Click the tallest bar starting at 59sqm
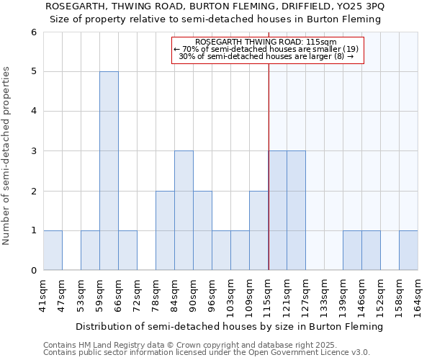tap(109, 171)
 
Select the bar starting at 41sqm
tap(53, 251)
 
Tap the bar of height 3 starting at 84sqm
tap(184, 210)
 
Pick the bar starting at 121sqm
tap(296, 210)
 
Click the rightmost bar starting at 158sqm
tap(408, 251)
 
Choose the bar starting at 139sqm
tap(352, 251)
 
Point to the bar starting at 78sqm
tap(165, 230)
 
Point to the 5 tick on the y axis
tap(33, 72)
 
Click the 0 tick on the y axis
tap(33, 271)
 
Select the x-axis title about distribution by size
tap(229, 326)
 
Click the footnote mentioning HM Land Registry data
tap(186, 345)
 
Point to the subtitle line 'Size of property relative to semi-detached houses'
tap(215, 19)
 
